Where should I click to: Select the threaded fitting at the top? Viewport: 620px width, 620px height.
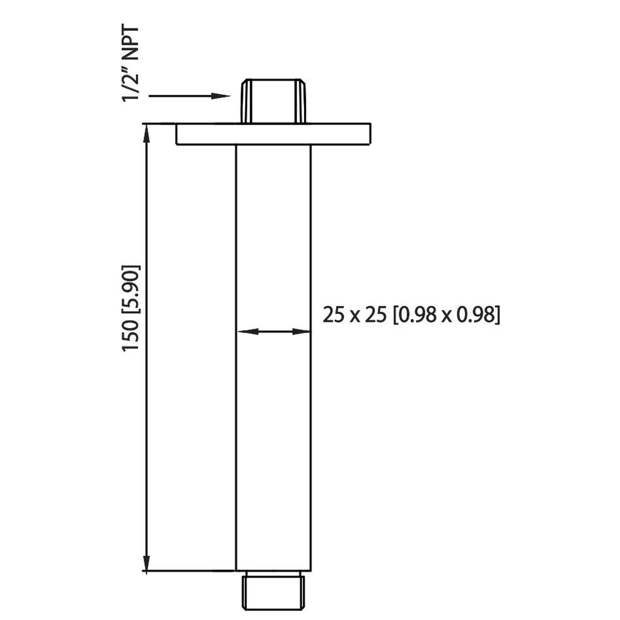[274, 101]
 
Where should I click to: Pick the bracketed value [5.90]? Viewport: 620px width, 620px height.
[131, 292]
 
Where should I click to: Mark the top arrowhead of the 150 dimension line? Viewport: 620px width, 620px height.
[146, 131]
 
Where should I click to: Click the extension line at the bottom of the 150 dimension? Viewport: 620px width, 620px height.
[189, 571]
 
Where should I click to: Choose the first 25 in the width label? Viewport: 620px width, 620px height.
[333, 316]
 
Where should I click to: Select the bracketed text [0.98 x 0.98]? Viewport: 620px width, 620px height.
[446, 316]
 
